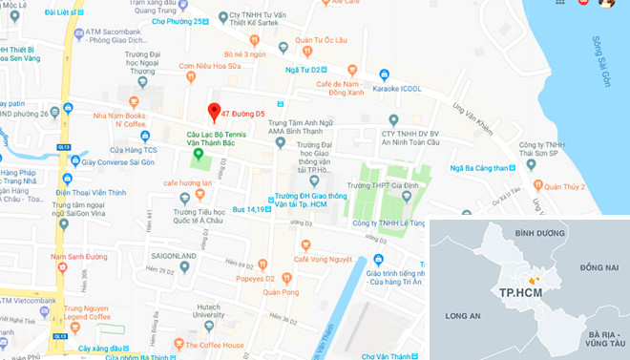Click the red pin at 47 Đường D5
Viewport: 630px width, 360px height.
pos(215,111)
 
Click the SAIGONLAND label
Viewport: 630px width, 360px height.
pos(174,256)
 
